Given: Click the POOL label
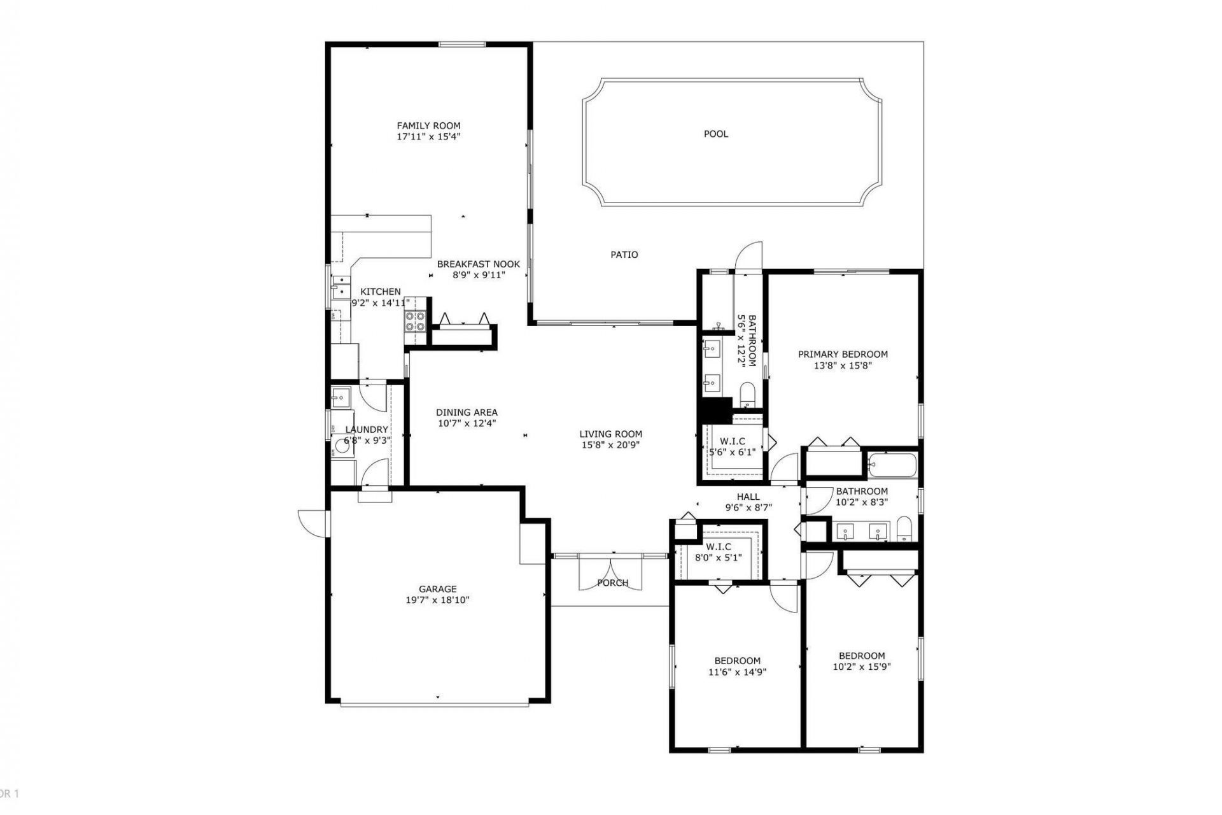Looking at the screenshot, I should [715, 134].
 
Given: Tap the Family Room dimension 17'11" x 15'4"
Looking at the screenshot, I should [428, 137].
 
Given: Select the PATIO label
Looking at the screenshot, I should [624, 255].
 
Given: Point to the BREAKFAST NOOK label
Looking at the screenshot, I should [478, 264].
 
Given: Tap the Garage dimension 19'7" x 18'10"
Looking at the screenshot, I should [437, 600].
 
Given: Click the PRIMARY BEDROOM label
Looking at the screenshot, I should [843, 354].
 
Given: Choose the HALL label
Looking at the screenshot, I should [748, 497].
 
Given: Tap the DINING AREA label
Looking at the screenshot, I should [467, 412].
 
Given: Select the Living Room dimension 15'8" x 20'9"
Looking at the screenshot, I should [610, 445].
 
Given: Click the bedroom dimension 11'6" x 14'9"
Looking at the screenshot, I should [737, 672].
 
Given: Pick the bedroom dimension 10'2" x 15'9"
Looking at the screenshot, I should [861, 667].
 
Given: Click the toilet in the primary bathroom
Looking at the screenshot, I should [747, 393].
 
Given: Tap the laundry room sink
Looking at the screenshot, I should [340, 397].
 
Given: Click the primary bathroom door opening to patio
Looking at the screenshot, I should [748, 258].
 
